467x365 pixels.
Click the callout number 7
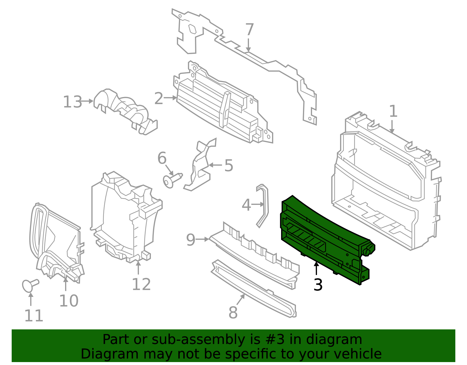coord(249,30)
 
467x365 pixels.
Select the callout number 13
coord(72,102)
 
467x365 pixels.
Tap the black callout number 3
coord(318,285)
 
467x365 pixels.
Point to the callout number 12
coord(141,284)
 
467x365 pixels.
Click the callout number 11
coord(34,316)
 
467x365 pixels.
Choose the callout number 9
coord(191,240)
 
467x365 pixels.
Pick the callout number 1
coord(393,111)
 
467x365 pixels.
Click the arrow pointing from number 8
coord(241,300)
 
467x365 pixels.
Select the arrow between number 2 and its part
coord(170,98)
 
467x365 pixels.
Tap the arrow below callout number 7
coord(248,45)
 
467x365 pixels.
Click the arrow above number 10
coord(66,284)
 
